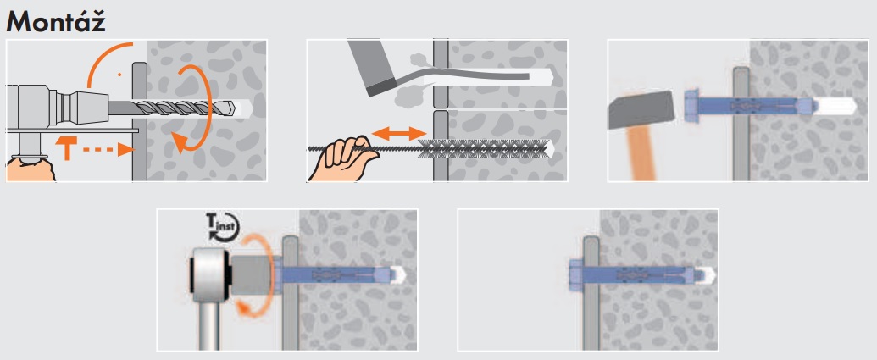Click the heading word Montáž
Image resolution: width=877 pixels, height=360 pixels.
coord(55,21)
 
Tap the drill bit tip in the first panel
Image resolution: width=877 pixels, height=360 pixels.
coord(233,108)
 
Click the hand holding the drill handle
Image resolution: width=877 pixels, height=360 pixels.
coord(31,169)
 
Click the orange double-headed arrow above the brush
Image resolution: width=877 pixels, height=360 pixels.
coord(399,134)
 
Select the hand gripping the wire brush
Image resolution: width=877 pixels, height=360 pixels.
coord(343,159)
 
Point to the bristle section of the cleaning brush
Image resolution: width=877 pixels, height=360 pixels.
coord(483,149)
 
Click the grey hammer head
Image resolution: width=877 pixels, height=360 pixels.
coord(641,109)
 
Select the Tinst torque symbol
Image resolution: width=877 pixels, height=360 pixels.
coord(223,226)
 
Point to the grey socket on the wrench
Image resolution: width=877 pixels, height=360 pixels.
coord(252,275)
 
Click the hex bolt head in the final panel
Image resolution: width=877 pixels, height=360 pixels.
coord(577,275)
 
